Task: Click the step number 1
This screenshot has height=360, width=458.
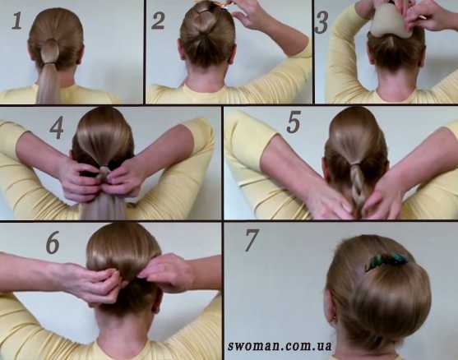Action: pos(17,21)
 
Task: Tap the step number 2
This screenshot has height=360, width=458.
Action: pos(158,21)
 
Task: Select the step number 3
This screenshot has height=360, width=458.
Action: pos(322,23)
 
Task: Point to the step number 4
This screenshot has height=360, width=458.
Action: pos(57,127)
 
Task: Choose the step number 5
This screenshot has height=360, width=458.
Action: pos(294,123)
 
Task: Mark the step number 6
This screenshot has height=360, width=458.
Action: pos(53,243)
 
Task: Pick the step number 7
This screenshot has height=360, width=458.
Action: pos(252,240)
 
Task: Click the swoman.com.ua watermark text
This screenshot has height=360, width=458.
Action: pos(280,346)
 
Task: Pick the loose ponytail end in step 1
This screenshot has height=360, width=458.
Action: pos(49,85)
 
